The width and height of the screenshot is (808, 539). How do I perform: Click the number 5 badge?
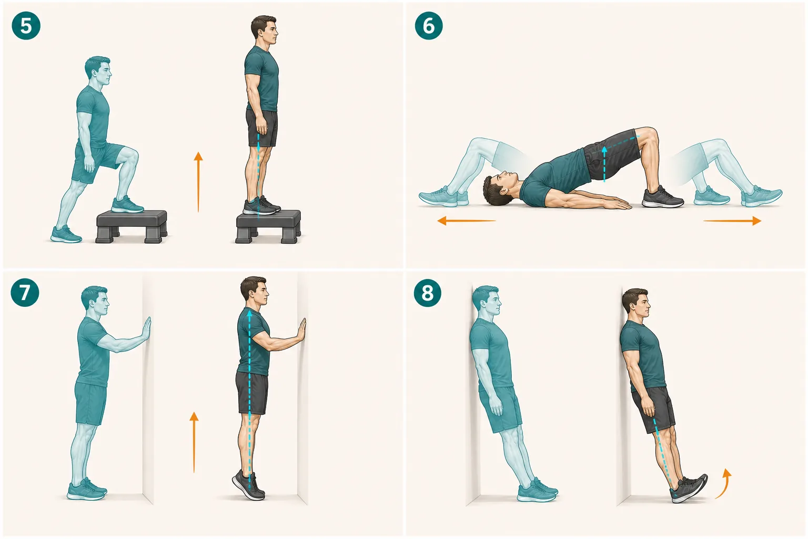[x=26, y=26]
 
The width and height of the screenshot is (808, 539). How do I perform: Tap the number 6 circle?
[x=429, y=26]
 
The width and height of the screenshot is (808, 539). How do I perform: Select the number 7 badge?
[x=25, y=293]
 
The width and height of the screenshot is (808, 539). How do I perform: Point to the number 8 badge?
[x=428, y=293]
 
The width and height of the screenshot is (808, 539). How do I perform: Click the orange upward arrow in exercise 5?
[x=198, y=182]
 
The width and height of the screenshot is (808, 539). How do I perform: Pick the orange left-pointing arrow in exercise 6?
[x=467, y=221]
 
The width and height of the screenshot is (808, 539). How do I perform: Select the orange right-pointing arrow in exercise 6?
[x=732, y=221]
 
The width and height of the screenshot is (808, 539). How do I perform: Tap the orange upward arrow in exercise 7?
[x=194, y=442]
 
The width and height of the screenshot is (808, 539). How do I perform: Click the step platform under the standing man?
[x=268, y=226]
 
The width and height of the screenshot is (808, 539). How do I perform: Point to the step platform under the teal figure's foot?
[x=132, y=226]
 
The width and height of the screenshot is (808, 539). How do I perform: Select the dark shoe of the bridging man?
[x=663, y=197]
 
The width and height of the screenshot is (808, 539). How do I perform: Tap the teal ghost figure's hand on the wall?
[x=147, y=329]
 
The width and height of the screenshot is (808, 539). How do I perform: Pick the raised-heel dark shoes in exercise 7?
[x=249, y=485]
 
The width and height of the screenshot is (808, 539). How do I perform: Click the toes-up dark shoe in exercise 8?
[x=689, y=489]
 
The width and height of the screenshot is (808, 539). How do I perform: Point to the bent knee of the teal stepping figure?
[x=130, y=156]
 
